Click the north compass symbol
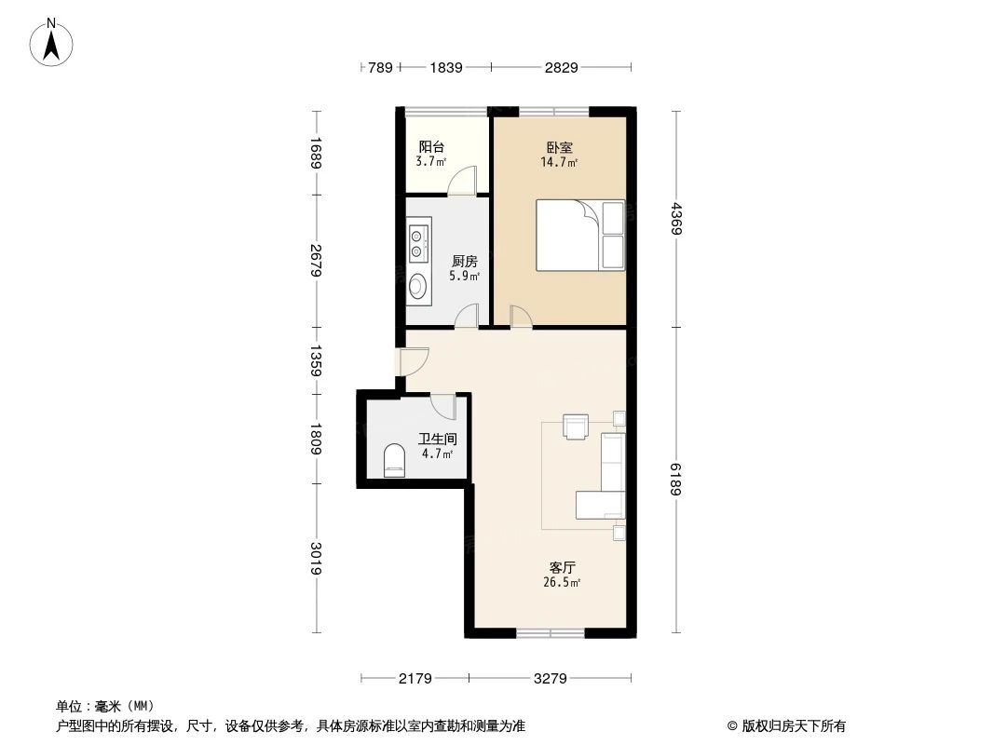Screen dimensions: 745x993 click(x=54, y=42)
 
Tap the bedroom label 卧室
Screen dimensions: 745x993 click(x=559, y=147)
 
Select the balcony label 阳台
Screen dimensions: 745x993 click(x=430, y=147)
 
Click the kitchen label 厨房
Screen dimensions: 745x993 click(x=465, y=262)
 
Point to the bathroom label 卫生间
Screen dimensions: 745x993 click(x=436, y=439)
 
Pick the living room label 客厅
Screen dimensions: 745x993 click(x=562, y=567)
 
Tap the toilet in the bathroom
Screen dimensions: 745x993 click(x=395, y=461)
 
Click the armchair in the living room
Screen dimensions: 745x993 click(x=575, y=426)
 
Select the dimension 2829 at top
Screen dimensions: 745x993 click(x=561, y=67)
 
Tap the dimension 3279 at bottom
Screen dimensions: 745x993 click(x=551, y=679)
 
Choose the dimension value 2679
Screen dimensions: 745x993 click(x=317, y=262)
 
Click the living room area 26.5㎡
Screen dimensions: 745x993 click(x=562, y=583)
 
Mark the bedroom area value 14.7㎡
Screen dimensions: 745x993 click(x=559, y=162)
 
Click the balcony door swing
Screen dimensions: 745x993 click(x=462, y=180)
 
